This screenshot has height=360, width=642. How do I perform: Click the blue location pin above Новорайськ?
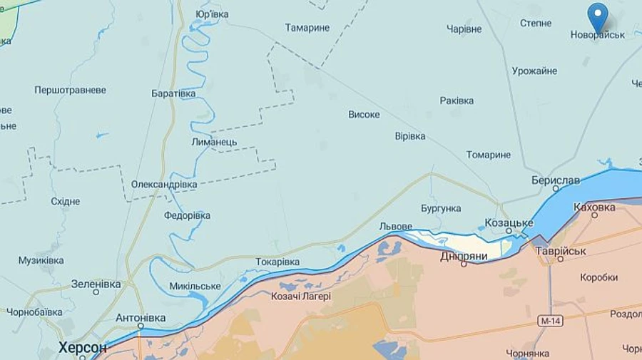597,16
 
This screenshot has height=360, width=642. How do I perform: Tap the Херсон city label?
83,348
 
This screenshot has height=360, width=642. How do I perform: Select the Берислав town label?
556,180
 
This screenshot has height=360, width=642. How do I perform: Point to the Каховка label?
594,207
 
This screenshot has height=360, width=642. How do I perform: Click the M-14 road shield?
551,322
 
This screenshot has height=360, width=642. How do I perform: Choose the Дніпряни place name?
464,255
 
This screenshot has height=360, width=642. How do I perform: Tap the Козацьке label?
509,223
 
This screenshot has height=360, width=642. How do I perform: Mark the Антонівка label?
140,318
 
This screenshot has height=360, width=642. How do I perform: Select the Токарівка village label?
277,262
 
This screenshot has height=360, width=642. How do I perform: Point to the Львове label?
395,226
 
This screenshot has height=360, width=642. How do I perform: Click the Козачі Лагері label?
301,296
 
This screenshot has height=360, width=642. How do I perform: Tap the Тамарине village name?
307,28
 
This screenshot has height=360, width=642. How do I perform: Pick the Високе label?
364,114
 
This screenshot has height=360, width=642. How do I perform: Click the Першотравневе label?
70,91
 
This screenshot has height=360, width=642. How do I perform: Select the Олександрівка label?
164,185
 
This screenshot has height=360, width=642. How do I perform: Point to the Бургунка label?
441,209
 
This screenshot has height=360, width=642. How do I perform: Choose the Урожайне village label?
534,71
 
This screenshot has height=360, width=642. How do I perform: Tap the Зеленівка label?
96,284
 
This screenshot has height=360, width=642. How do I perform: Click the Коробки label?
598,277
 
